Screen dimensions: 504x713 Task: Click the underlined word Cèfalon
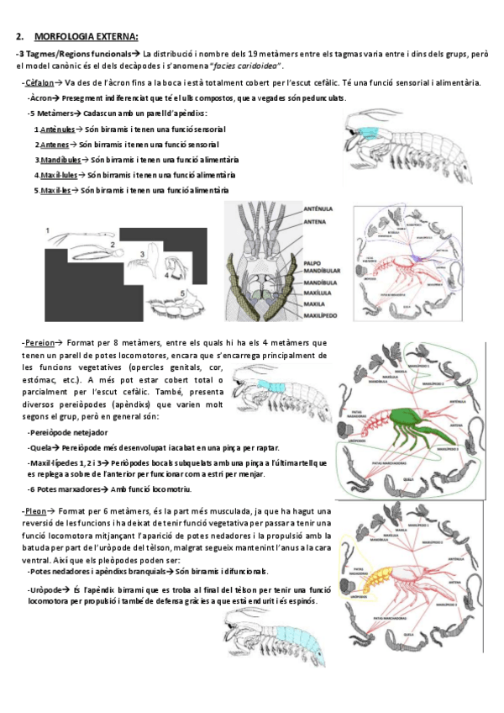[39, 83]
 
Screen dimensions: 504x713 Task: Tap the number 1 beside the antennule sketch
[47, 229]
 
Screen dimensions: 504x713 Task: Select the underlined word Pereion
[39, 343]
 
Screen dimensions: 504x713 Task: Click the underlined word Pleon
[34, 510]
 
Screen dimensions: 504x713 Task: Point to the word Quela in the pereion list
[42, 447]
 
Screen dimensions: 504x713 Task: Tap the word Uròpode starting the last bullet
[44, 590]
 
